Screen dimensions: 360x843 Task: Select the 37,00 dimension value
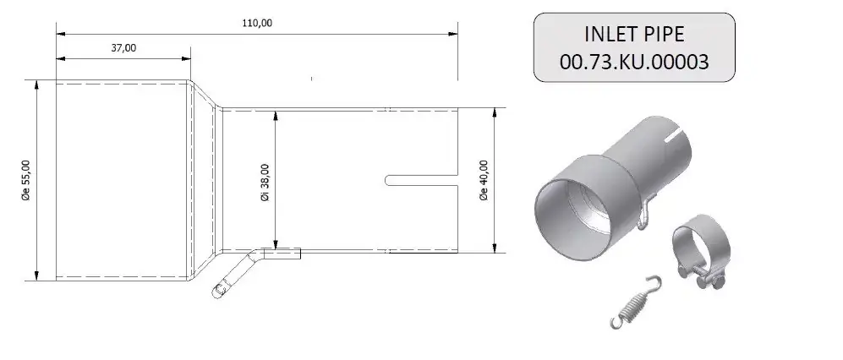(x=123, y=48)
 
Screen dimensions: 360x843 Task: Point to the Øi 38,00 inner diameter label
(x=265, y=182)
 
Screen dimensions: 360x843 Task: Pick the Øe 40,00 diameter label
(x=484, y=181)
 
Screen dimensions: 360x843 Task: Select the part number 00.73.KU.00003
(x=632, y=62)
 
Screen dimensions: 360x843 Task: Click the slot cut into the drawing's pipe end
(x=420, y=180)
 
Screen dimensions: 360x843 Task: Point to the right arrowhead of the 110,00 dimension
(x=453, y=34)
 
